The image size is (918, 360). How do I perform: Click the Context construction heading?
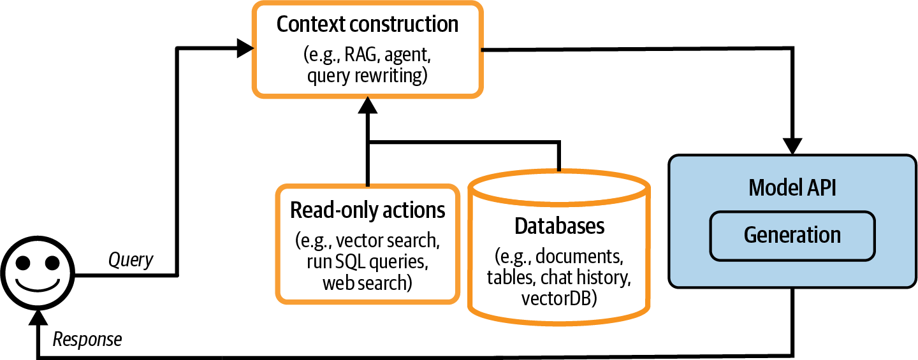(x=367, y=24)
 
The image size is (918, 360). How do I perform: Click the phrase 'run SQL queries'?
(x=367, y=261)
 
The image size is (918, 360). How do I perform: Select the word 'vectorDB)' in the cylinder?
(x=559, y=298)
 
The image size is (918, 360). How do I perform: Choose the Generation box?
(x=792, y=235)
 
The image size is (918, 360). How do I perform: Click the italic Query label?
(x=131, y=259)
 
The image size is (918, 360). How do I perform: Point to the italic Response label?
(x=87, y=340)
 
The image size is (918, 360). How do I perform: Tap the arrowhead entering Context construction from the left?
(x=245, y=47)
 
